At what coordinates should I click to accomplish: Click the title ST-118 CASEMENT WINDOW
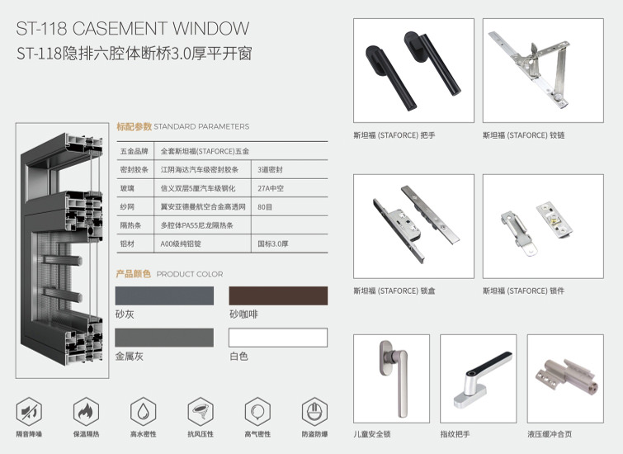pyautogui.click(x=133, y=28)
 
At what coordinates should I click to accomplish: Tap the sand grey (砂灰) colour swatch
pyautogui.click(x=164, y=296)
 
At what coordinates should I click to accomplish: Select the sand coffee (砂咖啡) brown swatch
pyautogui.click(x=278, y=296)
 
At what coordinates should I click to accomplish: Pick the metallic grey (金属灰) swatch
pyautogui.click(x=164, y=338)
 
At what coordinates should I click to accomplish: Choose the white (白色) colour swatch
pyautogui.click(x=278, y=338)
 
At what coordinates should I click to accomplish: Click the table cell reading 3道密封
pyautogui.click(x=270, y=170)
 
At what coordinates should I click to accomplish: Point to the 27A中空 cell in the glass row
pyautogui.click(x=271, y=188)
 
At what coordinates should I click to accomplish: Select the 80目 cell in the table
pyautogui.click(x=265, y=206)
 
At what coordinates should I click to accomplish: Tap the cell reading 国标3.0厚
pyautogui.click(x=273, y=244)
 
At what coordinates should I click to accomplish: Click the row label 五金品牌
pyautogui.click(x=135, y=151)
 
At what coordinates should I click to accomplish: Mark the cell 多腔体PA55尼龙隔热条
pyautogui.click(x=196, y=225)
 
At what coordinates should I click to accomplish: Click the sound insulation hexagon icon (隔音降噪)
pyautogui.click(x=29, y=411)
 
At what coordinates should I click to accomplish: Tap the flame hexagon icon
pyautogui.click(x=86, y=411)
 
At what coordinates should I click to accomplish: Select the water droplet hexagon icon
pyautogui.click(x=144, y=411)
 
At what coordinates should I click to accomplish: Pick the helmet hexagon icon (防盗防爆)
pyautogui.click(x=314, y=411)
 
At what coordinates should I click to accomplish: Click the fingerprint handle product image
pyautogui.click(x=479, y=378)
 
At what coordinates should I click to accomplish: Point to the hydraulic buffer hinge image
pyautogui.click(x=565, y=378)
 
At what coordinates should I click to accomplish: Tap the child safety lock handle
pyautogui.click(x=394, y=377)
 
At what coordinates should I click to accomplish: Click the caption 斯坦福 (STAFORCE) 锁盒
pyautogui.click(x=394, y=291)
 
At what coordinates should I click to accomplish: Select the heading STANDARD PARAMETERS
pyautogui.click(x=201, y=126)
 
